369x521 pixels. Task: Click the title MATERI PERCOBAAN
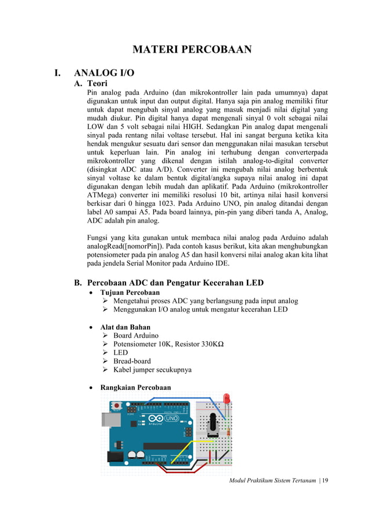pos(192,49)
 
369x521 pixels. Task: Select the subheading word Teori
pos(99,84)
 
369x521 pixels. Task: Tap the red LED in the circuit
pos(227,399)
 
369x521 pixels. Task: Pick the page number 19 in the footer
pos(324,481)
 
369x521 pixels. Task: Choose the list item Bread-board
pos(132,361)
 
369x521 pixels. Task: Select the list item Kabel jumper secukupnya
pos(152,369)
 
